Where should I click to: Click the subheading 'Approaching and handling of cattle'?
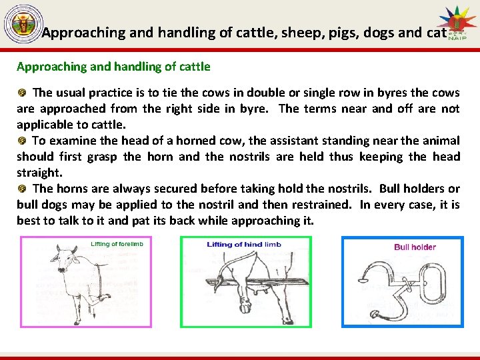coord(113,67)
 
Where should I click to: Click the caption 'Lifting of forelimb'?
coord(117,245)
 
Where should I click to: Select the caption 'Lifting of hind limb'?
coord(244,245)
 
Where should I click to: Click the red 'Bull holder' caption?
coord(415,247)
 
